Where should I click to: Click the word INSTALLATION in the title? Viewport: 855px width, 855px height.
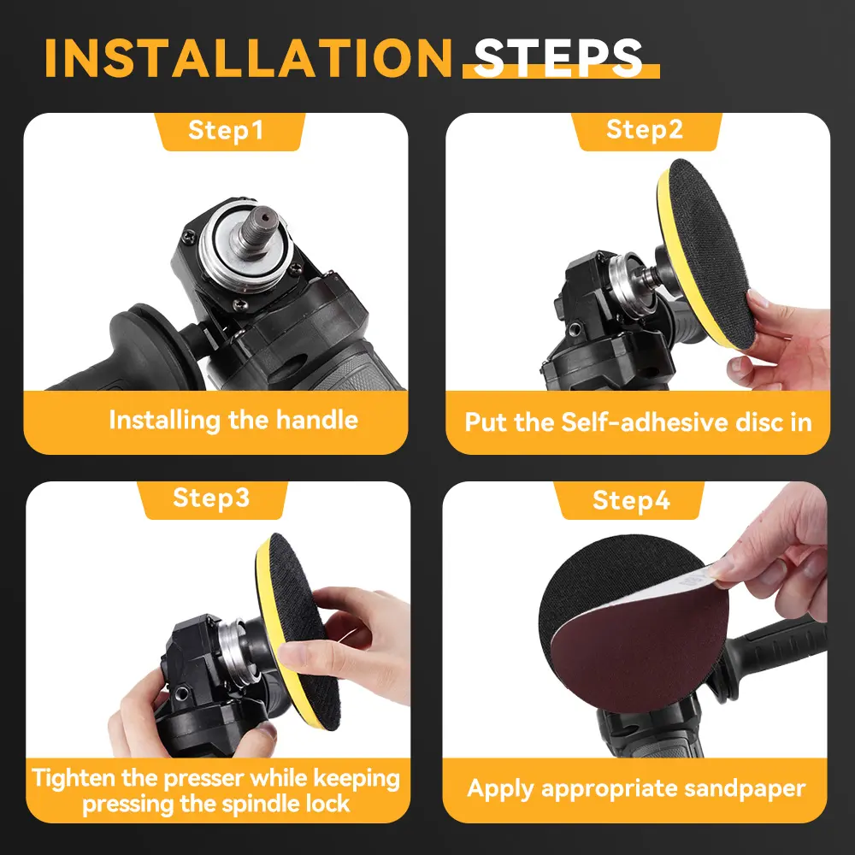pyautogui.click(x=248, y=58)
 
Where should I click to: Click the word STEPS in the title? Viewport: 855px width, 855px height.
pyautogui.click(x=558, y=58)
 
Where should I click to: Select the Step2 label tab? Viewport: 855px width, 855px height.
pyautogui.click(x=646, y=131)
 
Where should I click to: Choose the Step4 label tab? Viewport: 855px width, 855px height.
pyautogui.click(x=630, y=500)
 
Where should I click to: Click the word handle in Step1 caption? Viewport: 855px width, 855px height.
pyautogui.click(x=317, y=420)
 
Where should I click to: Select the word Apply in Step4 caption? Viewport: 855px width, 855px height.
pyautogui.click(x=500, y=789)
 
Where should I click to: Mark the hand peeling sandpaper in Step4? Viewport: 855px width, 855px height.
pyautogui.click(x=775, y=551)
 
